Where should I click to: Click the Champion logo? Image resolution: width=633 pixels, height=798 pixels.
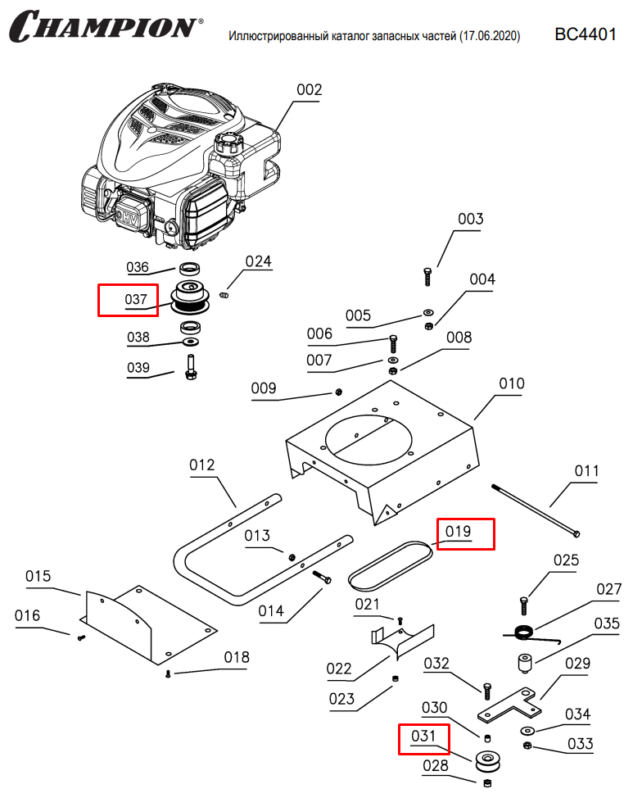pyautogui.click(x=102, y=26)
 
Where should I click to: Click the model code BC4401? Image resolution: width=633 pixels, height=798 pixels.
pyautogui.click(x=585, y=34)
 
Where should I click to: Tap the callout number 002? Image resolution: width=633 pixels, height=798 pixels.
pyautogui.click(x=309, y=89)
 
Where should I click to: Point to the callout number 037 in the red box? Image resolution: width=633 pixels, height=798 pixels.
pyautogui.click(x=136, y=300)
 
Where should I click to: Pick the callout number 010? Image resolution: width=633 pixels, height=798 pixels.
pyautogui.click(x=512, y=383)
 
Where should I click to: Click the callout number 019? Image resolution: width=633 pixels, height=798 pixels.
pyautogui.click(x=459, y=532)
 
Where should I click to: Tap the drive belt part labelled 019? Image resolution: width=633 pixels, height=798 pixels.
pyautogui.click(x=392, y=566)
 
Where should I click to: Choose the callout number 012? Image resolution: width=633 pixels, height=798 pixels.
pyautogui.click(x=201, y=465)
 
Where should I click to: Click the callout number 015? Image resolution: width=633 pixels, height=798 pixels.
pyautogui.click(x=38, y=576)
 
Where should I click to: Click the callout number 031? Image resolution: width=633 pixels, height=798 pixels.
pyautogui.click(x=423, y=737)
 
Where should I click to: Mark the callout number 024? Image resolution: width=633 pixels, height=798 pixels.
pyautogui.click(x=258, y=262)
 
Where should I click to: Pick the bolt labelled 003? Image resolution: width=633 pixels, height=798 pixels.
pyautogui.click(x=427, y=276)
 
